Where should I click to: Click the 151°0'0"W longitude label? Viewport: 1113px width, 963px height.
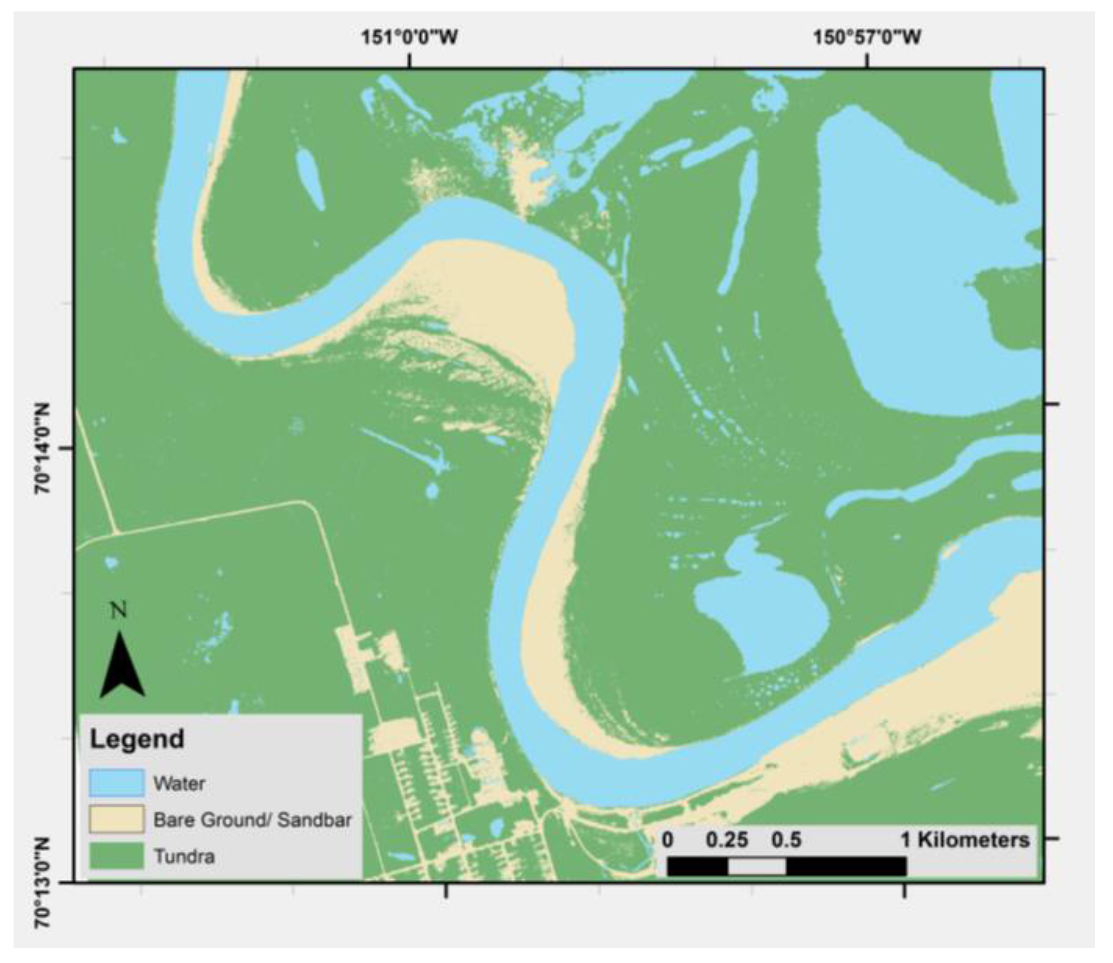pos(410,37)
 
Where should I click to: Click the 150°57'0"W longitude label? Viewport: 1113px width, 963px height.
pos(867,37)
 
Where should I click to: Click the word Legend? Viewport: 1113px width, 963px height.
pos(137,739)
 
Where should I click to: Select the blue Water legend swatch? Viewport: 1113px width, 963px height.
pos(117,783)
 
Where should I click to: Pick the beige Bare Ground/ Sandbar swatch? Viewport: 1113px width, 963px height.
pos(117,820)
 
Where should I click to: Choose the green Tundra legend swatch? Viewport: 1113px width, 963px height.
pos(117,855)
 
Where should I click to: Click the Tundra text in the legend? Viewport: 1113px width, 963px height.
pos(185,856)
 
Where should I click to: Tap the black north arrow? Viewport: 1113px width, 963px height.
pos(122,666)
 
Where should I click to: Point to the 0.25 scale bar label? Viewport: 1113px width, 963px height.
pos(727,840)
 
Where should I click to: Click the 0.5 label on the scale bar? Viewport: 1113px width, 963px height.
pos(786,840)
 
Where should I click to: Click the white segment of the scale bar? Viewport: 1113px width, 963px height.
pos(757,867)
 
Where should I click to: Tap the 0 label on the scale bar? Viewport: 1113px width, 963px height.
pos(667,840)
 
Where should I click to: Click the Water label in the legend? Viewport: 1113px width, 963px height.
pos(179,784)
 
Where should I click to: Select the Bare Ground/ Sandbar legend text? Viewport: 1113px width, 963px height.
pos(252,820)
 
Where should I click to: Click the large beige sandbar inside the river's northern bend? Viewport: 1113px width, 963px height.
pos(500,290)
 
